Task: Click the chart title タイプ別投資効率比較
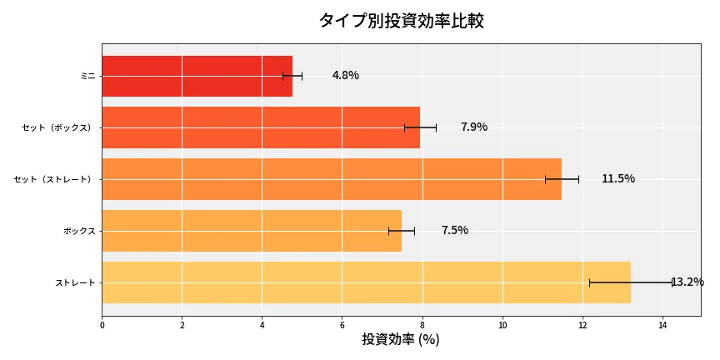point(401,21)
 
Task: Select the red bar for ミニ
point(197,76)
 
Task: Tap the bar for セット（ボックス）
point(261,127)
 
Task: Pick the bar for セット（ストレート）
point(332,179)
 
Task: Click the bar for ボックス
point(252,231)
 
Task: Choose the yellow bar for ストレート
point(366,282)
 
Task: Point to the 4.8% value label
point(345,76)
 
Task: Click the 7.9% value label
point(473,127)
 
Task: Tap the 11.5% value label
point(617,179)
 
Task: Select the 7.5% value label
point(454,231)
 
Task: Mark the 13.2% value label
point(687,282)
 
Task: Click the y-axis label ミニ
point(87,76)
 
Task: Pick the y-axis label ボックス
point(79,231)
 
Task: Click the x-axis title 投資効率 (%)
point(401,340)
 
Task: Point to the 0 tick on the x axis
point(102,325)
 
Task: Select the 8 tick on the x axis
point(422,325)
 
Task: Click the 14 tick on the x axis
point(662,325)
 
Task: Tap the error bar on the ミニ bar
point(292,76)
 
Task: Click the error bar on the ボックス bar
point(401,231)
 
